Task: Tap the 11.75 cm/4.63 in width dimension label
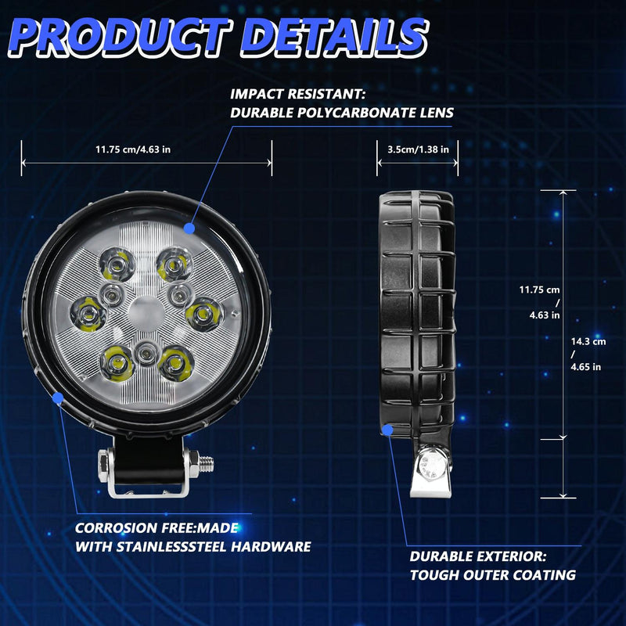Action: click(x=133, y=149)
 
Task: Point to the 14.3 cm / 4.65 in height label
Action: click(x=588, y=354)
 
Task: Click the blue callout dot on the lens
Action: click(x=189, y=228)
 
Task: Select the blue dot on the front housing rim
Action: click(x=57, y=398)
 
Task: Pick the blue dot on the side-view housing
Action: click(x=389, y=429)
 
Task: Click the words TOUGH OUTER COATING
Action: click(x=493, y=575)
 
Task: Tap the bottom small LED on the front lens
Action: click(x=144, y=355)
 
